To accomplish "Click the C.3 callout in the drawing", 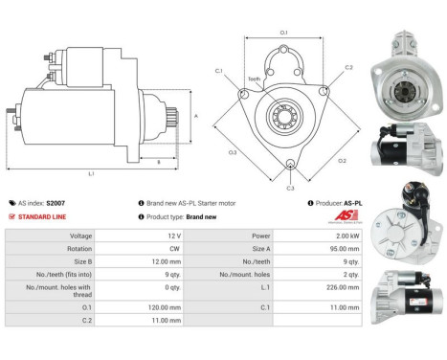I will (291, 187).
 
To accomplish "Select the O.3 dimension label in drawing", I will (233, 152).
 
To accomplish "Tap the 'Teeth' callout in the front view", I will (254, 79).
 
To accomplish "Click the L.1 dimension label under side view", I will (91, 174).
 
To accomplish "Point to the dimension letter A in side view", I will (196, 116).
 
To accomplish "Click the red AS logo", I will (349, 216).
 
